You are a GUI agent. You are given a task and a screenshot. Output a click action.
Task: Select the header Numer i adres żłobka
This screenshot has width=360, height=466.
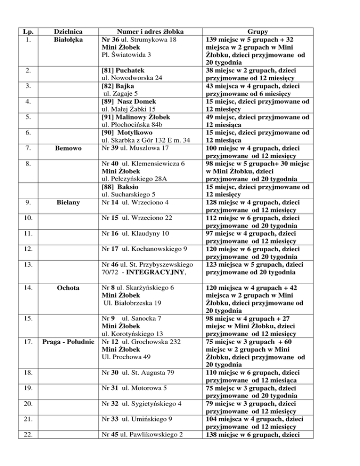click(143, 32)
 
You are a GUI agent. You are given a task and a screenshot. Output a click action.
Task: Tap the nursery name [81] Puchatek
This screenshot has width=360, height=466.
click(122, 71)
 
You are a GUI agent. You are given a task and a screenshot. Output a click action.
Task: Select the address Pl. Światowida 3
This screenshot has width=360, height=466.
click(127, 55)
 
